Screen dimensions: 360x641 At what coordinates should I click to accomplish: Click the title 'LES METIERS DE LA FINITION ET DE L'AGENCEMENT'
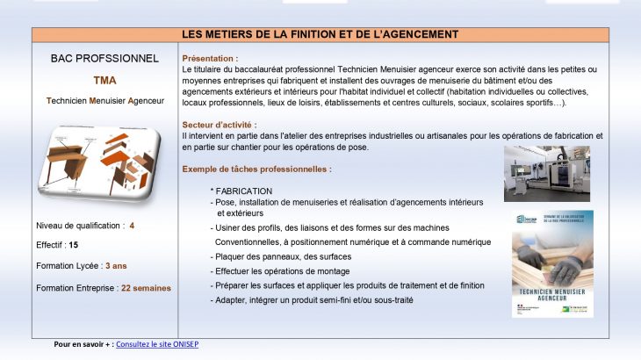tap(320, 34)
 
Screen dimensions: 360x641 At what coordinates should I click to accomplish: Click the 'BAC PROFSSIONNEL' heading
tap(104, 59)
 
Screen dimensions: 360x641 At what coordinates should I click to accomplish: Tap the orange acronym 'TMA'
tap(104, 80)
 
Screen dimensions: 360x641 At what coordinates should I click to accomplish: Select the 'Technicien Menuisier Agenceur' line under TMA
tap(105, 101)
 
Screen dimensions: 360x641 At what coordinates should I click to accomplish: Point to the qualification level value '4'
tap(132, 226)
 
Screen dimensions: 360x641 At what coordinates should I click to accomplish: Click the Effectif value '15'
tap(74, 246)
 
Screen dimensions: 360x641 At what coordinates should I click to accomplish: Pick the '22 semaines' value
tap(147, 287)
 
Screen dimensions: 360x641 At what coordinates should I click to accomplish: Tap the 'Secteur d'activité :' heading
tap(220, 126)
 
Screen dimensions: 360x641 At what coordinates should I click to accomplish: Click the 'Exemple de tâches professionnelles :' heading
tap(256, 169)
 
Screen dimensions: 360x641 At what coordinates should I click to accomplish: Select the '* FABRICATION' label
tap(241, 191)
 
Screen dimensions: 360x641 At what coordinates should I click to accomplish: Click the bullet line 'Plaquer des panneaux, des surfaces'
tap(280, 256)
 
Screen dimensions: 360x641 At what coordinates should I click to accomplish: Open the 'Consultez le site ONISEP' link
tap(157, 344)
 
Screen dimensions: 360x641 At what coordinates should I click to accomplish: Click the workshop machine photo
tap(547, 173)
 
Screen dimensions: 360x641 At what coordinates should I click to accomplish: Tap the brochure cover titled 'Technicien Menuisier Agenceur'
tap(552, 263)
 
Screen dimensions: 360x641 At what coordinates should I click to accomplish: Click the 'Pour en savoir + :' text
tap(83, 344)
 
